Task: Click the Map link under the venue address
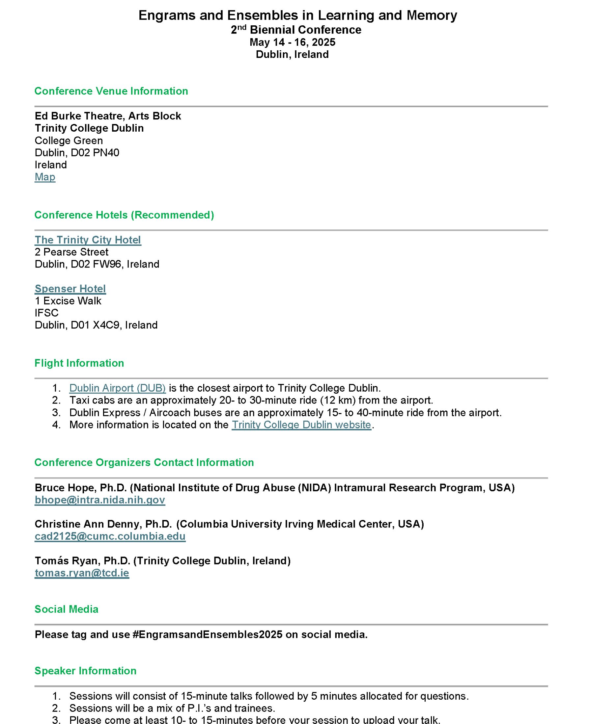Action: [45, 177]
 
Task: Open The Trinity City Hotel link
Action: [88, 240]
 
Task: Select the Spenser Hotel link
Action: [70, 289]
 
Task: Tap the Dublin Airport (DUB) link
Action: [117, 388]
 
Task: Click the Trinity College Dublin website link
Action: [301, 425]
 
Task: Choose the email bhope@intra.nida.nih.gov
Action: [100, 500]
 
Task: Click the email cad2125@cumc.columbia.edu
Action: [110, 536]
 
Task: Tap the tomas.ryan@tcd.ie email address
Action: [82, 573]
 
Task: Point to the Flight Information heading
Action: [79, 363]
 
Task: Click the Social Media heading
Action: [66, 609]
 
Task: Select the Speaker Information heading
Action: [85, 670]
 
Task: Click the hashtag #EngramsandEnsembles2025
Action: [207, 634]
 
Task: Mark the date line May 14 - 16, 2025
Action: [292, 42]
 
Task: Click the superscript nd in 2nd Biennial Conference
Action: [241, 27]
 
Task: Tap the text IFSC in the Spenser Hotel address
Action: [46, 313]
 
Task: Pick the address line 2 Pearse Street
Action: [71, 252]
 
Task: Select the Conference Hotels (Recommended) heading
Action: [124, 215]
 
